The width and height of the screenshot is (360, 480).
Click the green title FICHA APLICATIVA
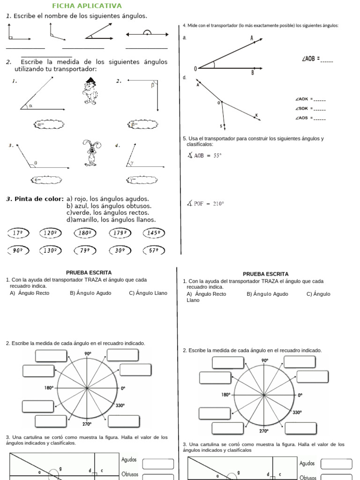(x=87, y=6)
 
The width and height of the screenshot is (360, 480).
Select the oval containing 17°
(x=18, y=232)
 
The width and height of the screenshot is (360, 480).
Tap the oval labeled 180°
(x=85, y=232)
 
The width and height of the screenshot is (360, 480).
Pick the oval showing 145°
(x=153, y=232)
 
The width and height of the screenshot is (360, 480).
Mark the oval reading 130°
(x=51, y=250)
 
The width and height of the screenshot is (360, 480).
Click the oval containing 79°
(x=85, y=250)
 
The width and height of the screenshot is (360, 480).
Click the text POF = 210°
(x=205, y=203)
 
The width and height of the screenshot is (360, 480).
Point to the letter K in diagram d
(x=256, y=115)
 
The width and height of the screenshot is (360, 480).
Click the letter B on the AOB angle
(x=252, y=73)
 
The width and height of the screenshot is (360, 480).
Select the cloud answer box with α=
(x=49, y=124)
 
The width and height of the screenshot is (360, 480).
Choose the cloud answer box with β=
(x=142, y=124)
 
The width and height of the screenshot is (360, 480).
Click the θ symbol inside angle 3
(x=36, y=163)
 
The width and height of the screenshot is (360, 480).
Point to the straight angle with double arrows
(x=147, y=34)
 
